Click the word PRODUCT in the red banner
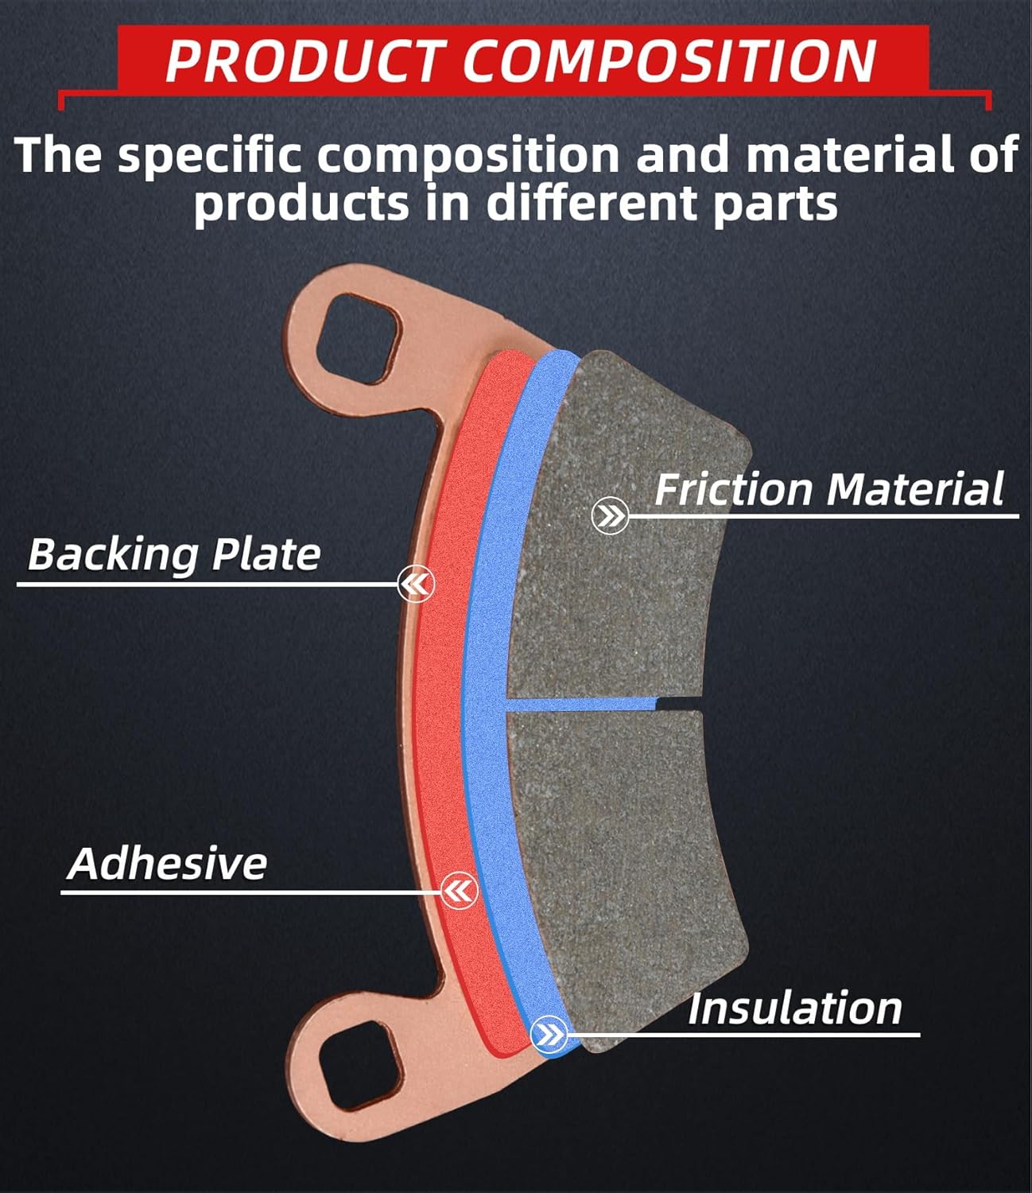point(302,60)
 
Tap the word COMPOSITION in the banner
point(669,60)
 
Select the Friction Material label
point(828,489)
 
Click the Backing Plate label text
point(174,554)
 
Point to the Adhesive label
point(168,864)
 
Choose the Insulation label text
point(794,1008)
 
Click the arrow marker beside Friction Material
point(611,517)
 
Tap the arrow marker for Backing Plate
point(417,585)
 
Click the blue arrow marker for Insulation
point(549,1035)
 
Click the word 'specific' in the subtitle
point(210,154)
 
